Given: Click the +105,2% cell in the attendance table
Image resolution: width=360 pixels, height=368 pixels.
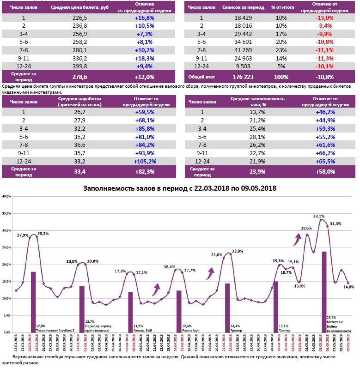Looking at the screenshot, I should coord(144,161).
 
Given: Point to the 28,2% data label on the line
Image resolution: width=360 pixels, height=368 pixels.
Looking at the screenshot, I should coord(43,234).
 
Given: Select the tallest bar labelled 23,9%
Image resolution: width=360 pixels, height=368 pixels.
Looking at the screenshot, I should coord(324,291).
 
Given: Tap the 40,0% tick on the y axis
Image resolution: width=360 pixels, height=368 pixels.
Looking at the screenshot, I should coord(6,196).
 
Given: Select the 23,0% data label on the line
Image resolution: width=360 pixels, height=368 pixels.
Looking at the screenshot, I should coord(237,251).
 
